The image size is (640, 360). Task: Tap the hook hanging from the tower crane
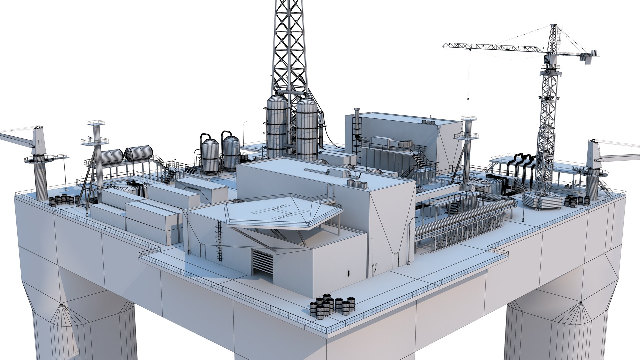click(x=467, y=99)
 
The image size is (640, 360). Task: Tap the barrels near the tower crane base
click(x=577, y=201)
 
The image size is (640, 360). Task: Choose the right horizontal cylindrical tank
click(x=138, y=152)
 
